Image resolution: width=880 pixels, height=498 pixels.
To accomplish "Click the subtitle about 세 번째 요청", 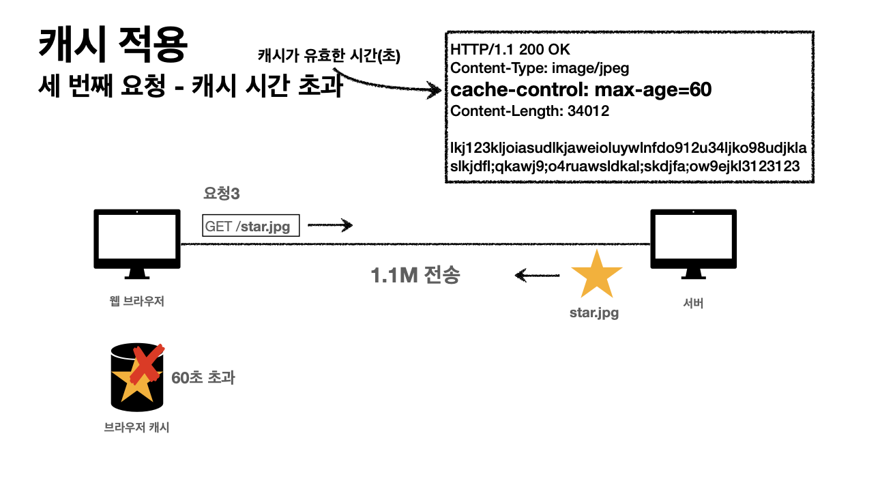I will pos(190,87).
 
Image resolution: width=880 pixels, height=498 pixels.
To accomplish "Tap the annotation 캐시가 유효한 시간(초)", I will pos(329,56).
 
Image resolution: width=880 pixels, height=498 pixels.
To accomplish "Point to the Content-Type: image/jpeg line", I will pos(540,68).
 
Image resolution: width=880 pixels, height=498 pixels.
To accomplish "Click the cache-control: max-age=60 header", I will pos(581,89).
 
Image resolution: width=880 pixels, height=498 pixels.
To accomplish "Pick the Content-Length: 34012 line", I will pos(530,111).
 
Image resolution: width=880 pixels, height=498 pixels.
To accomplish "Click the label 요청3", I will pos(222,194).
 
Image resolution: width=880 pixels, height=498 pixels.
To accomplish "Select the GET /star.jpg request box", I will pos(251,226).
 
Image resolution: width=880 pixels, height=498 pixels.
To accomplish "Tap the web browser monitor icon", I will pos(137,243).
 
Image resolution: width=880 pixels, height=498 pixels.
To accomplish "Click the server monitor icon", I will pos(692,243).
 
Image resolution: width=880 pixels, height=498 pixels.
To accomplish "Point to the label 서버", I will pos(693,304).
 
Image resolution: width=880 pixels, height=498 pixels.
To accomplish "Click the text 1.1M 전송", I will pos(415,276).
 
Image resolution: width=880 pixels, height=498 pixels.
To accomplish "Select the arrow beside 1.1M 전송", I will pos(538,276).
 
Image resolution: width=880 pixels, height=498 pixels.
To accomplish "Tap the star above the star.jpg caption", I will pos(596,274).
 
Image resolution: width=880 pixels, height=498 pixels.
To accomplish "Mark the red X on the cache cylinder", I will pos(146,364).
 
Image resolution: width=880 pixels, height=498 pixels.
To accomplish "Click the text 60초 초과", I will pos(203,377).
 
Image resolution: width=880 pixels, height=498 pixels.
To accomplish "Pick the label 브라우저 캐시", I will pos(136,428).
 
